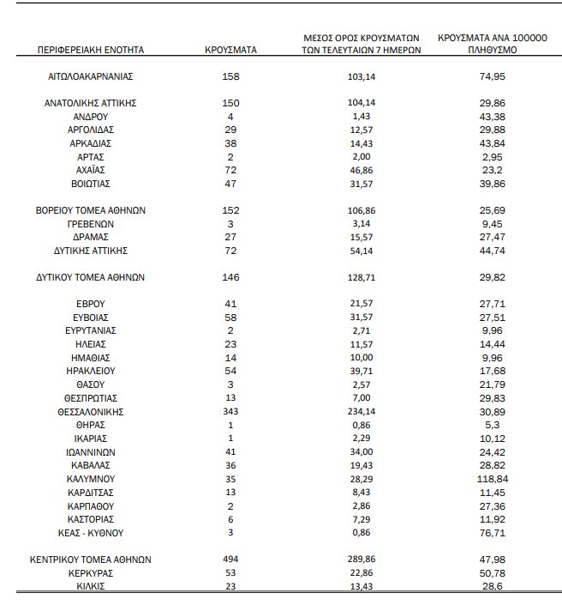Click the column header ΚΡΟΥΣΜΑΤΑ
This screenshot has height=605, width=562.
tap(231, 51)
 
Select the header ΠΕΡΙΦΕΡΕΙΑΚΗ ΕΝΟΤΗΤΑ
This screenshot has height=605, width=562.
tap(91, 51)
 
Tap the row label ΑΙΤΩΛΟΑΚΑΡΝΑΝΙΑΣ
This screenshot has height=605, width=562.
tap(91, 76)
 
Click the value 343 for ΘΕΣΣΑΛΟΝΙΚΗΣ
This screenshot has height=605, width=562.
tap(231, 412)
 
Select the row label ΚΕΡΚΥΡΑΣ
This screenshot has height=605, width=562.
tap(91, 572)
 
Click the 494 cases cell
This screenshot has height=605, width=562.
tap(231, 559)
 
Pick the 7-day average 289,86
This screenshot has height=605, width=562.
tap(364, 559)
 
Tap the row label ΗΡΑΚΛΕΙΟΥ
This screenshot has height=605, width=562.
tap(91, 371)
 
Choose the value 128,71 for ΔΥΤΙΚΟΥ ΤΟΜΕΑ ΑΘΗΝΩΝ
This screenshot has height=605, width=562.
tap(364, 277)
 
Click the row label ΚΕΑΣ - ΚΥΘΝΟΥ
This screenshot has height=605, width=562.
tap(91, 533)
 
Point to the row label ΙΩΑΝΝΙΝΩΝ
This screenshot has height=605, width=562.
tap(91, 451)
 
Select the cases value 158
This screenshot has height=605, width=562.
tap(231, 76)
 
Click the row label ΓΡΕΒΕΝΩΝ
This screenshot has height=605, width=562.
tap(91, 223)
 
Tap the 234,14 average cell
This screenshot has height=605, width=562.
tap(364, 412)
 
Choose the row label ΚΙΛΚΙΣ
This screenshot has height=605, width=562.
tap(91, 585)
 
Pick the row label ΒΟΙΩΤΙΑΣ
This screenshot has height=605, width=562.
tap(91, 184)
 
